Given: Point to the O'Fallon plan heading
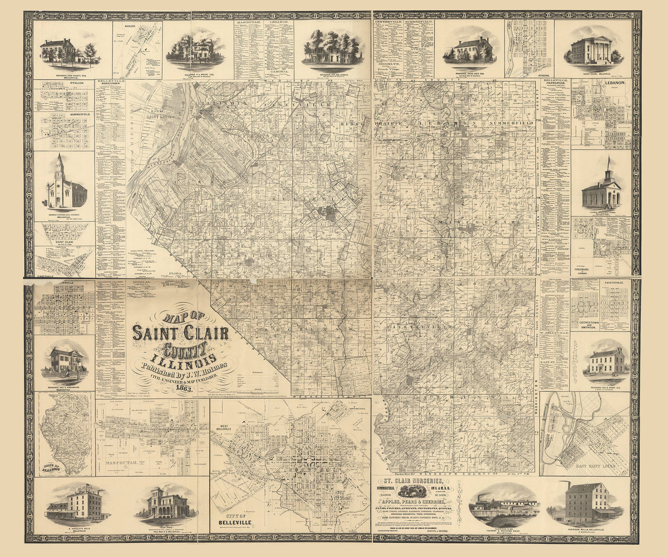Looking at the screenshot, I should (x=64, y=84).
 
